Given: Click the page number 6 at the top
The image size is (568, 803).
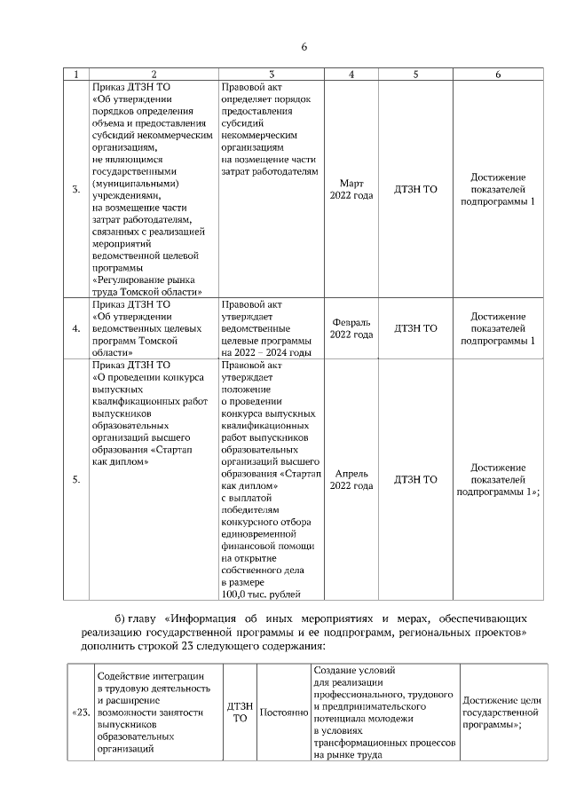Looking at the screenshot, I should [304, 47].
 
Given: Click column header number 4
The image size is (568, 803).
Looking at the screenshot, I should [351, 75].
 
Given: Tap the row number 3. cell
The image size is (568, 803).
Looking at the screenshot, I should [76, 189].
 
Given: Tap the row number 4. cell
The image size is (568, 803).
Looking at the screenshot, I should [76, 328].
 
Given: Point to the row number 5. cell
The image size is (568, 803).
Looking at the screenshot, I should [76, 479].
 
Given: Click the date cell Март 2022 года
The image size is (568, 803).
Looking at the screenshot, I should [351, 189].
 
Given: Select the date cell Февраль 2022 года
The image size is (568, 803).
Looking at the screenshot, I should [351, 328].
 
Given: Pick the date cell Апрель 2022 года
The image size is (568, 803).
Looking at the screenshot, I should [351, 479].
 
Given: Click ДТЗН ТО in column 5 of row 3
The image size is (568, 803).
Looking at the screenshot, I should [415, 189].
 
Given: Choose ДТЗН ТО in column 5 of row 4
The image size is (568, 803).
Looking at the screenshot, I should [415, 328].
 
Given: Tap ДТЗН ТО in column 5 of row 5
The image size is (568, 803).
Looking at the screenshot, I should [415, 479].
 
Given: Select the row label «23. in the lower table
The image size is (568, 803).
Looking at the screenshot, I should [79, 712].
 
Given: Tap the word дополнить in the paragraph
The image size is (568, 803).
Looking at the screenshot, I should [90, 648].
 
